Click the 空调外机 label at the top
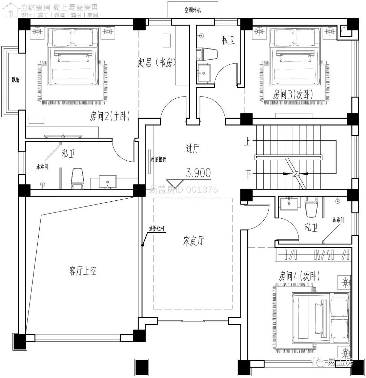[192, 10]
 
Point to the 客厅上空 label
[82, 271]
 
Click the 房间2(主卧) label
[109, 116]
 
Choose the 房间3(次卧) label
[293, 95]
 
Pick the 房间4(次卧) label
[299, 276]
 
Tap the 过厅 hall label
[192, 148]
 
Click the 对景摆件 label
[158, 160]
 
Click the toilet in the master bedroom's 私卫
[78, 178]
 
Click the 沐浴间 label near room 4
[338, 220]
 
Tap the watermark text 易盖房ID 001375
[183, 190]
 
